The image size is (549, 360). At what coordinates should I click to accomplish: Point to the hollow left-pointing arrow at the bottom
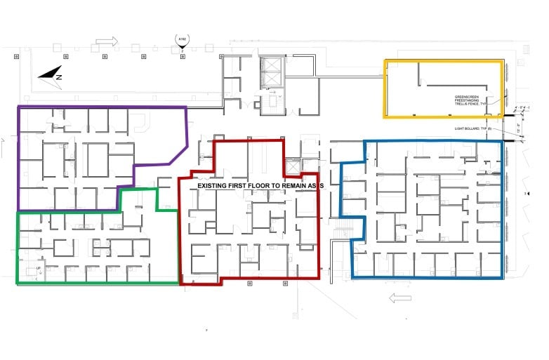coord(399,298)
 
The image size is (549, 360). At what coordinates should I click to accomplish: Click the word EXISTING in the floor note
coord(213,185)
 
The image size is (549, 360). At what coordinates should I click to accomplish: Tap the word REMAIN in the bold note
coord(296,185)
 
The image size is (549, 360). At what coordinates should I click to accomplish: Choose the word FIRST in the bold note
coord(241,185)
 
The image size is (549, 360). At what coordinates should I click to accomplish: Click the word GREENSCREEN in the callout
coord(467,96)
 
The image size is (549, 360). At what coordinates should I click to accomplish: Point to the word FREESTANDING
coord(468,100)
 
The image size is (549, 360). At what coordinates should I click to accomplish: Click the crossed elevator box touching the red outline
coord(292,166)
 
